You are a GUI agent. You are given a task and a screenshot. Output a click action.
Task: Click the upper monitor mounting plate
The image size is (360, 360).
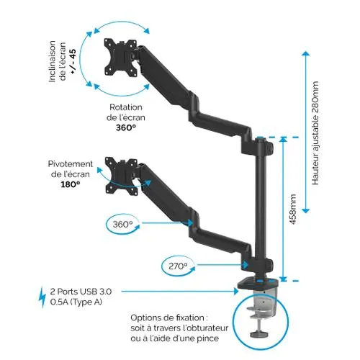tap(120, 58)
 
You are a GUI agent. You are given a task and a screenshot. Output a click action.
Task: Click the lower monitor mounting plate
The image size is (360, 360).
tap(122, 176)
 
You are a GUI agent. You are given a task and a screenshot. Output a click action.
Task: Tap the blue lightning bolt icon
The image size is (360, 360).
tap(42, 297)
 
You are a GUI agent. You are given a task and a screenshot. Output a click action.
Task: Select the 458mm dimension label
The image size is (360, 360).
tap(293, 210)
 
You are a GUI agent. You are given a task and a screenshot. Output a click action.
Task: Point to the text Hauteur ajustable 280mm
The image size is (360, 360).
tap(315, 133)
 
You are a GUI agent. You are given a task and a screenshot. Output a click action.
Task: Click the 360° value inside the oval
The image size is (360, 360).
tap(122, 225)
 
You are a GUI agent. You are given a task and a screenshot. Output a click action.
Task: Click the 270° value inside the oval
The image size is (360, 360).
tap(178, 266)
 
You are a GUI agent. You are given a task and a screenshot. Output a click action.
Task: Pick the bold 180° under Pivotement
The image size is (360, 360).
tap(71, 184)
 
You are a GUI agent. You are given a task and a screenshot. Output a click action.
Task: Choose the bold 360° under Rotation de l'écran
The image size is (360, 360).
tap(126, 127)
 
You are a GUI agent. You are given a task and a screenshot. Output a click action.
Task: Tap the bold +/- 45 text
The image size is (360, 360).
tap(73, 61)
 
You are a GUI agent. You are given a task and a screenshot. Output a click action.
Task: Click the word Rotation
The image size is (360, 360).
tap(126, 107)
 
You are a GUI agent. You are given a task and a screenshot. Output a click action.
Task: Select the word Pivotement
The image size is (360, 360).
tap(71, 163)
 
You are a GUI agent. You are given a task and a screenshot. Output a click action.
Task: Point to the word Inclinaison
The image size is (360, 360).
tap(52, 61)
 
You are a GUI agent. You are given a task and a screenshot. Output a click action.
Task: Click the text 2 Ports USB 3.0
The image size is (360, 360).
tap(81, 292)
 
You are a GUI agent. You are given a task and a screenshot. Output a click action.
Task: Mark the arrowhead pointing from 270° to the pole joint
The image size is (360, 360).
tap(245, 265)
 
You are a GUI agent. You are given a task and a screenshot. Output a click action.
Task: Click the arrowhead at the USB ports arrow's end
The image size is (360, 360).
tap(236, 291)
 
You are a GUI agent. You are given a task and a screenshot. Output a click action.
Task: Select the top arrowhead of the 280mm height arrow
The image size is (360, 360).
tap(305, 53)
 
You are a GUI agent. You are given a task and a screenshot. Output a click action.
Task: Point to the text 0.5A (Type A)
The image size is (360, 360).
tap(76, 302)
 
